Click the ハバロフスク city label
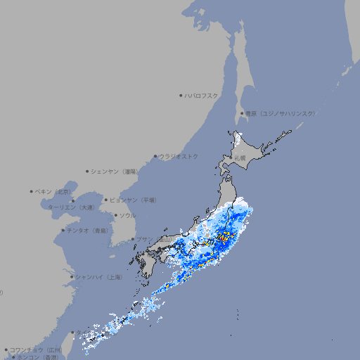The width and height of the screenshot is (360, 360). point(202,95)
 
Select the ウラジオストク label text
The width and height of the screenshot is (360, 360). point(179,156)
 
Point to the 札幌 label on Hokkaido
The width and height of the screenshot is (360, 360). point(240,158)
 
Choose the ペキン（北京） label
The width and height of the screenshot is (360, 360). point(53,191)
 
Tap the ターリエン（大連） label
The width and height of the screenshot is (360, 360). point(70,207)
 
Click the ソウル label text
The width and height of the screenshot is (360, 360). point(127,215)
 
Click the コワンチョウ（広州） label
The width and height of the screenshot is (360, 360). point(36,349)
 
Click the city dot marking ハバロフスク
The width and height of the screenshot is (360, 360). point(181,95)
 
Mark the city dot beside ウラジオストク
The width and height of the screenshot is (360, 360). point(155,156)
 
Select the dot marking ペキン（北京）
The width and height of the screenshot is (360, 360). point(32,191)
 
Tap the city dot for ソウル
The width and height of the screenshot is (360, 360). point(115,215)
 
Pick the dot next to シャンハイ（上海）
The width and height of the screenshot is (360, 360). point(72,277)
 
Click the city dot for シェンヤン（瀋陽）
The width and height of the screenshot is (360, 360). point(87,171)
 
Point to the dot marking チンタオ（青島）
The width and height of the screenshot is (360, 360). point(63,230)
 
